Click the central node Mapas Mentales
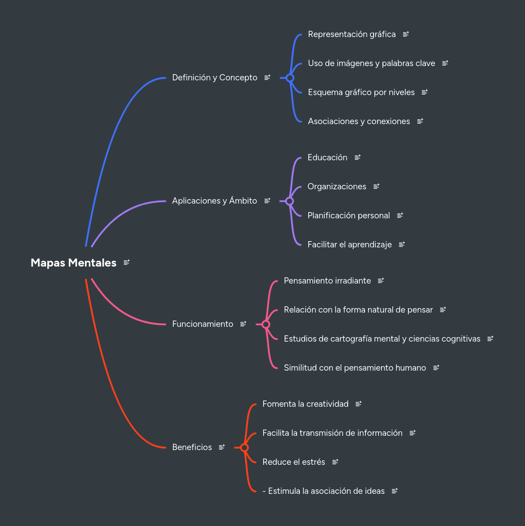73,263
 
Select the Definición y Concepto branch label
214,78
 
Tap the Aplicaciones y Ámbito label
214,201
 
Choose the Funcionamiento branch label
202,324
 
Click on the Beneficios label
192,447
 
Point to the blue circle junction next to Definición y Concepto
290,78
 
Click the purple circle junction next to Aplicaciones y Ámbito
290,201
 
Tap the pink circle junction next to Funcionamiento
266,325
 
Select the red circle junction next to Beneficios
244,448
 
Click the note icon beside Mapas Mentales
126,263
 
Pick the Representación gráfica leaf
352,34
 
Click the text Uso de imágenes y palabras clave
371,63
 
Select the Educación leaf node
327,158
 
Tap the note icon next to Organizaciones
376,186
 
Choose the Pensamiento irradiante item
327,281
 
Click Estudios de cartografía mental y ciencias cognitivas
382,339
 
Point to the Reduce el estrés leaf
294,462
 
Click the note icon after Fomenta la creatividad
358,404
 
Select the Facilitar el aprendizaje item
349,245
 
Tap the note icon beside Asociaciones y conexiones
420,121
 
